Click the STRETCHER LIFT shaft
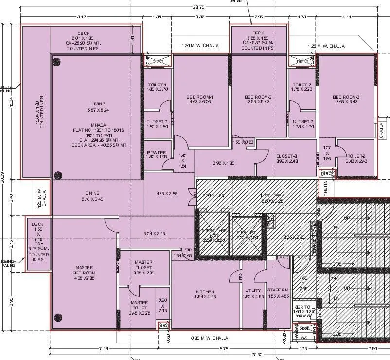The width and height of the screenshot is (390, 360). [x=214, y=233]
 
